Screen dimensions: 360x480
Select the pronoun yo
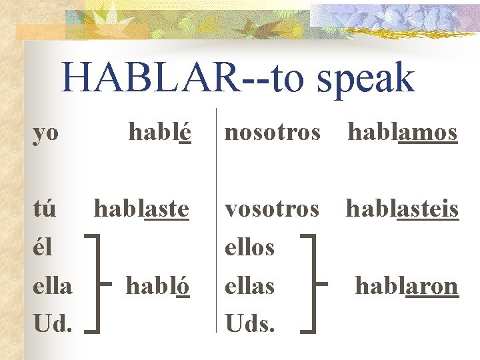(x=46, y=133)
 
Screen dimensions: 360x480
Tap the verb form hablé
(x=159, y=132)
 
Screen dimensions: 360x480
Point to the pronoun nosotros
(x=272, y=132)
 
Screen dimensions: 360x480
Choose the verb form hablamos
(x=403, y=132)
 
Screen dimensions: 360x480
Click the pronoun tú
(x=45, y=209)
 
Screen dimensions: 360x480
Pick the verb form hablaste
(x=141, y=209)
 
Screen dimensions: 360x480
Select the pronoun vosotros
(x=272, y=209)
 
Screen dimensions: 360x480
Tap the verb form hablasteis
(x=402, y=209)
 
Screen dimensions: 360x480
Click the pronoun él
(x=44, y=247)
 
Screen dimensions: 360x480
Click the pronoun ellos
(x=249, y=247)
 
